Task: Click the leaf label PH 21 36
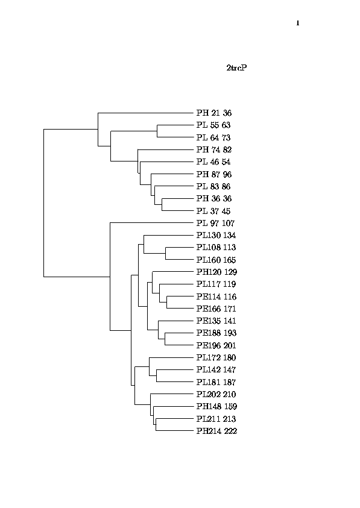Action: click(213, 113)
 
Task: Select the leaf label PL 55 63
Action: click(213, 125)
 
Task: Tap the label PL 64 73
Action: click(213, 137)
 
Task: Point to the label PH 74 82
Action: click(213, 149)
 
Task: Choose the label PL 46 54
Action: click(213, 161)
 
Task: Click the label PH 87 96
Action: click(213, 174)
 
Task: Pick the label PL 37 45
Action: click(213, 211)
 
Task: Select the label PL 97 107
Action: click(215, 223)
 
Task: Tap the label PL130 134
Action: click(216, 235)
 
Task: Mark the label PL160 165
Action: click(216, 260)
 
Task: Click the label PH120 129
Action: click(216, 272)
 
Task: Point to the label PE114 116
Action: click(216, 296)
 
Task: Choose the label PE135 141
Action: click(216, 321)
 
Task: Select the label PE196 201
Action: click(216, 345)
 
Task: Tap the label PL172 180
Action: click(216, 358)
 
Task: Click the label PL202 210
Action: click(216, 394)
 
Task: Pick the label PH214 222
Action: click(216, 431)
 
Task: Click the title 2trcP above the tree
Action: click(237, 67)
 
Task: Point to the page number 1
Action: click(298, 23)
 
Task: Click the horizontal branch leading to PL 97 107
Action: click(152, 223)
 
